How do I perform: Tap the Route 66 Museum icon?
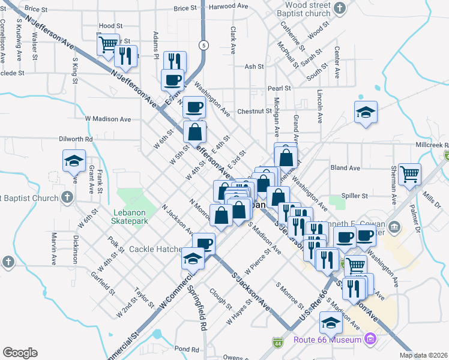pyautogui.click(x=371, y=340)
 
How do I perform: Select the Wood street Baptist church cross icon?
pyautogui.click(x=340, y=8)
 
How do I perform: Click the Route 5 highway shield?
pyautogui.click(x=205, y=45)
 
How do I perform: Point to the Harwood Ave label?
pyautogui.click(x=229, y=6)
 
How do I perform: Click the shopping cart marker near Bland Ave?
pyautogui.click(x=410, y=174)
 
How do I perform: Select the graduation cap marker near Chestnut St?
pyautogui.click(x=366, y=112)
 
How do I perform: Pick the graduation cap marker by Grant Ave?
pyautogui.click(x=74, y=161)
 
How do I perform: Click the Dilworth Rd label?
pyautogui.click(x=76, y=139)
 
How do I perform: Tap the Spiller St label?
pyautogui.click(x=355, y=196)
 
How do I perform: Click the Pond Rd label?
pyautogui.click(x=186, y=349)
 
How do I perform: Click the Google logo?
pyautogui.click(x=20, y=353)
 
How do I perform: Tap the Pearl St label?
pyautogui.click(x=279, y=88)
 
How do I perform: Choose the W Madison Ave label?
pyautogui.click(x=108, y=119)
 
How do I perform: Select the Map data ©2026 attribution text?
pyautogui.click(x=424, y=355)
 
